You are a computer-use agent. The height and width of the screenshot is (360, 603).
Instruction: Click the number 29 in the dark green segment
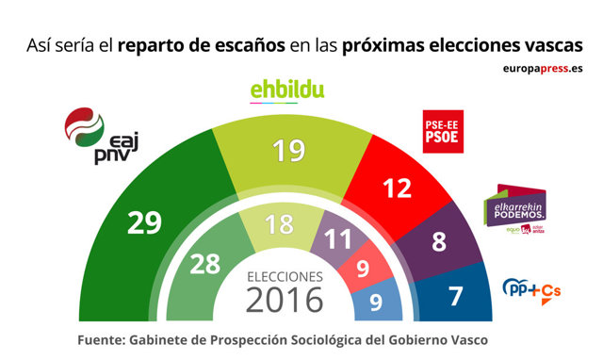144,222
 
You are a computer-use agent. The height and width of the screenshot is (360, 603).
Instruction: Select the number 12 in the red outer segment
398,188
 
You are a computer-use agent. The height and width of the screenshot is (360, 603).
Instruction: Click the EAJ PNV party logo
95,136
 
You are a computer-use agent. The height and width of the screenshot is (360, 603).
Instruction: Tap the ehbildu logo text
287,90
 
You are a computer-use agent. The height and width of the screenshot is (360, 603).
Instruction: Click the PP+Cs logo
532,287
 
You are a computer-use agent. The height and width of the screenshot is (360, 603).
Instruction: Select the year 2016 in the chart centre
285,301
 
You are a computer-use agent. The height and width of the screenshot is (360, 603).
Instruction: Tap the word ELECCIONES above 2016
285,276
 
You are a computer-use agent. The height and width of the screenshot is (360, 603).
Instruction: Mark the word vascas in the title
552,44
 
